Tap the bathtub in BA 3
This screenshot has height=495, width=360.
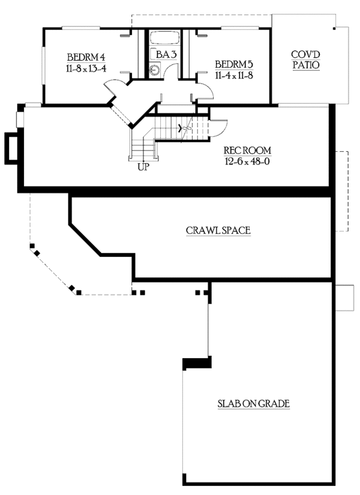(x=164, y=38)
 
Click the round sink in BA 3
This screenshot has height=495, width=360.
(x=154, y=70)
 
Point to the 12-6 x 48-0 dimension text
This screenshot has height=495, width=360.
(x=248, y=160)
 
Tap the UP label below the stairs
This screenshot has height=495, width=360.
(x=143, y=167)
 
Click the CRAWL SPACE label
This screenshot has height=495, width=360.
(x=218, y=230)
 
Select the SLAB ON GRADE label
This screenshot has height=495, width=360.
(x=253, y=404)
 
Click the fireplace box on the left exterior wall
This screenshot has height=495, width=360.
(x=11, y=148)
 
